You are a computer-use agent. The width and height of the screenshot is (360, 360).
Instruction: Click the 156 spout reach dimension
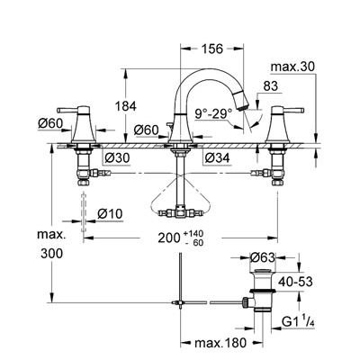pos(212,49)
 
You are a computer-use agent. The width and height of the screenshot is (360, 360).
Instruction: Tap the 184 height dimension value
pos(126,106)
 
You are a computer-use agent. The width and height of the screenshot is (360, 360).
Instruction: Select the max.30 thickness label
pos(292,67)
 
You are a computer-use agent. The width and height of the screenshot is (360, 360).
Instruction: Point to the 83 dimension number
pos(271,86)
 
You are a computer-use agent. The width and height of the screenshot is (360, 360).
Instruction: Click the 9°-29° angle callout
pos(213,113)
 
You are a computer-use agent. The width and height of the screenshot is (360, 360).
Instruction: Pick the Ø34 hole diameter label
pos(217,157)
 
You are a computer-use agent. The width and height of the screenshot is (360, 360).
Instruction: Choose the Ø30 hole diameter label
pos(117,157)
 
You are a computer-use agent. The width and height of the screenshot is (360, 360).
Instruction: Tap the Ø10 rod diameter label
pos(110,214)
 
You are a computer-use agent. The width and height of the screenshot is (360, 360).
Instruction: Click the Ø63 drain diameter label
pos(263,257)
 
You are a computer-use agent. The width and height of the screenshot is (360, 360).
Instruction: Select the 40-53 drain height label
pos(295,282)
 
